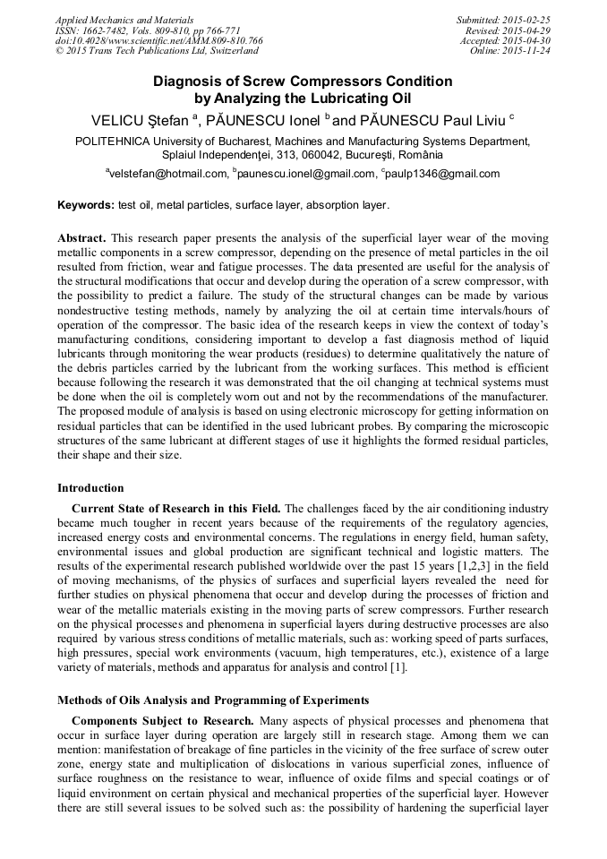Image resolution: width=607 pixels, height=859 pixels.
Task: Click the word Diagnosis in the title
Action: click(x=189, y=82)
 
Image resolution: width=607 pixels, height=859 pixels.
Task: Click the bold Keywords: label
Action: click(x=86, y=205)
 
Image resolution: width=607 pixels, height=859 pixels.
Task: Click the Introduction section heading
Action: click(x=90, y=488)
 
